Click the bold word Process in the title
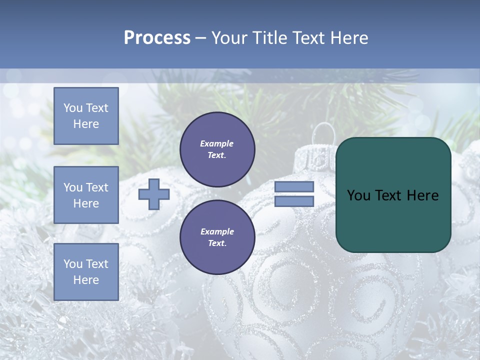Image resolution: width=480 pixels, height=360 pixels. [157, 38]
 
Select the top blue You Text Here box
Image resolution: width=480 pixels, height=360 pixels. [86, 116]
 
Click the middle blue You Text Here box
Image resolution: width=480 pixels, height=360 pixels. [86, 195]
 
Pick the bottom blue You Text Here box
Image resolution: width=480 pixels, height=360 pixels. [86, 272]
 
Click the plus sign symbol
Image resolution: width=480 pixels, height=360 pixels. [153, 194]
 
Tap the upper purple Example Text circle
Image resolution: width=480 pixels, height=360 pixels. [217, 149]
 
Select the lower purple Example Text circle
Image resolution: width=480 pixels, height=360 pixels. [217, 237]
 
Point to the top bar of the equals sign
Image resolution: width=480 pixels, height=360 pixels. [294, 187]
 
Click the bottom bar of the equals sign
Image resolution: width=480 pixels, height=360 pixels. [294, 201]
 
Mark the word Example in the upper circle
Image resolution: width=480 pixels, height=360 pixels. [217, 143]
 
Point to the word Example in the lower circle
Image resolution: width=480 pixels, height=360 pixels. [217, 231]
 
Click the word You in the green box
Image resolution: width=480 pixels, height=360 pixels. [358, 195]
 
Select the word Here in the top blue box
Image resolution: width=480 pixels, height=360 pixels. [86, 124]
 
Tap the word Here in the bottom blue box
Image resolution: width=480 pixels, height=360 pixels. [86, 280]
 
